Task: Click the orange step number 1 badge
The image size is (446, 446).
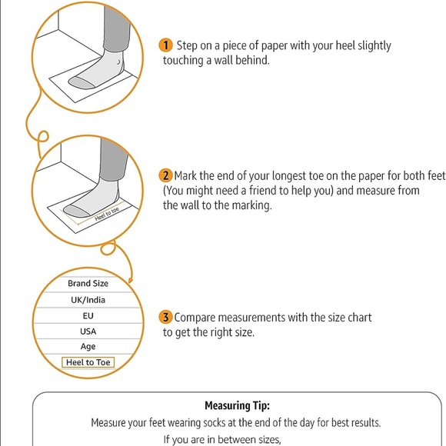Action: (165, 45)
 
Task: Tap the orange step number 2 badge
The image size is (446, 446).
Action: (165, 175)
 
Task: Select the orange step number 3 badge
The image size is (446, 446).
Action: (165, 317)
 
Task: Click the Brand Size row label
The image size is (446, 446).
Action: (88, 283)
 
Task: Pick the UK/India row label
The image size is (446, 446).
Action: (88, 300)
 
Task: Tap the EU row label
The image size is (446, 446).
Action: (88, 316)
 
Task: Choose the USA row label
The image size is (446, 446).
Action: (88, 331)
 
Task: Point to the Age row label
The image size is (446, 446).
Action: (88, 347)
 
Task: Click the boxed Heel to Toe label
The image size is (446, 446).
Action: (88, 362)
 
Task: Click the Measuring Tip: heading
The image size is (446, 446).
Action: (237, 405)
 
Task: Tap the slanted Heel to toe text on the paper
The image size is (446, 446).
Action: (107, 215)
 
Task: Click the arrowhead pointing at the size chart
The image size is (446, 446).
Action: (130, 280)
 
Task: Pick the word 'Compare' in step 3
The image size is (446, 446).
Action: (195, 318)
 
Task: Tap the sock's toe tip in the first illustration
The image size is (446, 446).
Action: (69, 82)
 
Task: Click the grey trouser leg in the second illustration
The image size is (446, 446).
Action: (113, 159)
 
